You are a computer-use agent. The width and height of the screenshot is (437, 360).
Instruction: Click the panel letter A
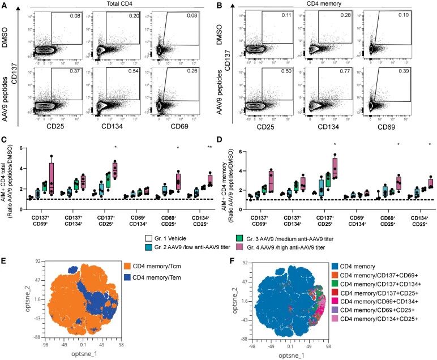pyautogui.click(x=5, y=6)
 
